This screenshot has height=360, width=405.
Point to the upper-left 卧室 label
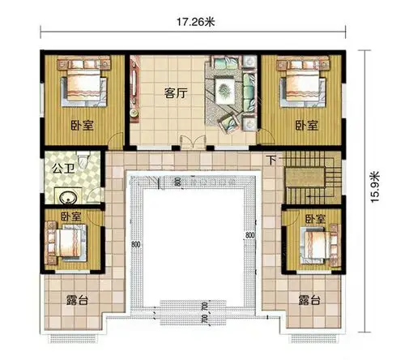[x=81, y=126]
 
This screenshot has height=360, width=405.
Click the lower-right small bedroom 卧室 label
[x=314, y=219]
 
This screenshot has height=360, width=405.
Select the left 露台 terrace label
[x=77, y=300]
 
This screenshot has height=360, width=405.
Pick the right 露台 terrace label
[x=308, y=300]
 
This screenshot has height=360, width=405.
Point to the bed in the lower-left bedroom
[x=67, y=241]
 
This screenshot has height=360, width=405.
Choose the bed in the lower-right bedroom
[x=317, y=242]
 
